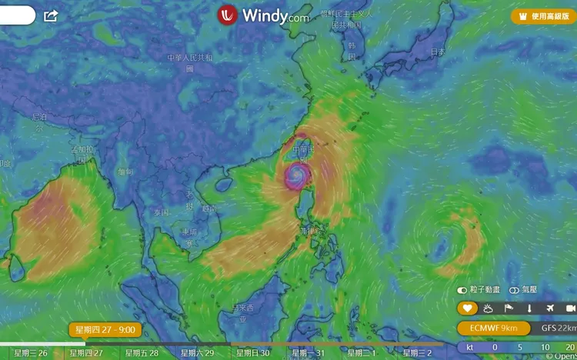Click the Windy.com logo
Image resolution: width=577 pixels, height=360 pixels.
tap(263, 15)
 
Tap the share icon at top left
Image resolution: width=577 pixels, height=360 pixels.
tap(52, 15)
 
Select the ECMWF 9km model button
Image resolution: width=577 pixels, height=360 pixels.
tap(493, 328)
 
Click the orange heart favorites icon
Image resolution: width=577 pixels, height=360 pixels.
tap(467, 308)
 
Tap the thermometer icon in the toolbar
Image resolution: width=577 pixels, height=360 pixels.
tap(529, 308)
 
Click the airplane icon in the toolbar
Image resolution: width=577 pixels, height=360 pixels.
tap(550, 308)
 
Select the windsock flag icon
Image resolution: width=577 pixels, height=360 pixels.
tap(508, 308)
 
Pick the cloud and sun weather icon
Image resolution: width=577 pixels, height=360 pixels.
tap(487, 308)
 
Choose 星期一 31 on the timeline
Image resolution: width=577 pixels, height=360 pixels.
tap(308, 353)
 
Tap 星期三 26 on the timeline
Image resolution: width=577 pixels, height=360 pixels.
tap(31, 353)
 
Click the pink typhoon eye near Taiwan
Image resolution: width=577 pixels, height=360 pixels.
tap(295, 176)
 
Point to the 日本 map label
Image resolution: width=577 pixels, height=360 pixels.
tap(438, 52)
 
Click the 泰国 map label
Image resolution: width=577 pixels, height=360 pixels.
tap(161, 212)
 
